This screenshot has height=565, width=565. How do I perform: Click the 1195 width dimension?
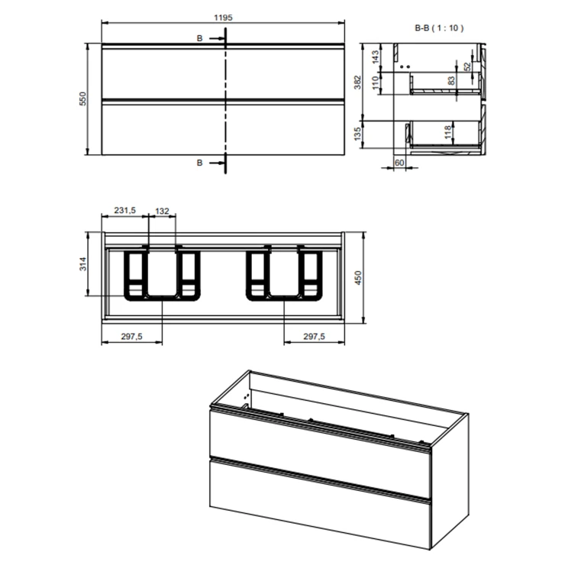[224, 18]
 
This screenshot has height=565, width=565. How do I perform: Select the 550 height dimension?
[83, 98]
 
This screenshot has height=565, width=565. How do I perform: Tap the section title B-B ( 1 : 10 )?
[439, 27]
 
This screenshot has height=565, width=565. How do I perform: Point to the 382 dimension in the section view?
[357, 82]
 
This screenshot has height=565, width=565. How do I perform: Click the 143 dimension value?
[376, 57]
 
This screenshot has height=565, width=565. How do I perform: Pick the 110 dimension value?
[376, 83]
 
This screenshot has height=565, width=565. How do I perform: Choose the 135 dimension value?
[357, 134]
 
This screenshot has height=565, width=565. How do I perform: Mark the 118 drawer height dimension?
[448, 132]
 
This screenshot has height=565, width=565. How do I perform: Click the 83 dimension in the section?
[451, 81]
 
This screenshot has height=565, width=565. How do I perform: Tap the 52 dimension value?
[467, 66]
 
